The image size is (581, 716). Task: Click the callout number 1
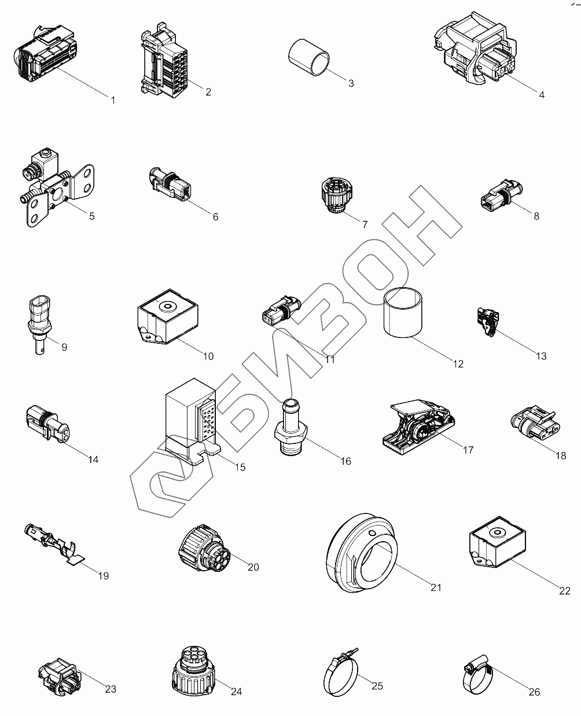pyautogui.click(x=113, y=100)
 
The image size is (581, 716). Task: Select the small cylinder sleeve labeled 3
pyautogui.click(x=309, y=57)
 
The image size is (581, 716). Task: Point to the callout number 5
pyautogui.click(x=91, y=216)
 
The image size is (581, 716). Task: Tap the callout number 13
pyautogui.click(x=541, y=356)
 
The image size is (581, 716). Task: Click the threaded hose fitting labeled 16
pyautogui.click(x=289, y=428)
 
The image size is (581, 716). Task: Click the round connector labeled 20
pyautogui.click(x=203, y=549)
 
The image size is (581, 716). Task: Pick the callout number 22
pyautogui.click(x=565, y=591)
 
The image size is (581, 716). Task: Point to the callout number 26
pyautogui.click(x=534, y=692)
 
